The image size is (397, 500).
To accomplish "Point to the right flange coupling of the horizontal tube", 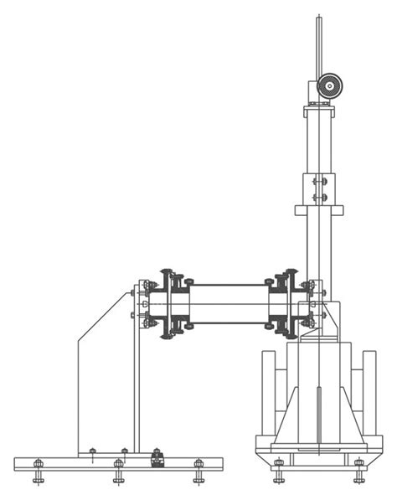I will [x=286, y=303].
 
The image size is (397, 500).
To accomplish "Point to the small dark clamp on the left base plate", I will [x=156, y=458].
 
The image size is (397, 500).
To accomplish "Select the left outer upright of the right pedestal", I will [x=268, y=394].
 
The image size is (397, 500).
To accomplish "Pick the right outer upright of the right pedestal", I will [x=369, y=394].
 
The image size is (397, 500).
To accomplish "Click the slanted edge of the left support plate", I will [x=104, y=314].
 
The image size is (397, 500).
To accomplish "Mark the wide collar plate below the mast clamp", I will [x=319, y=209].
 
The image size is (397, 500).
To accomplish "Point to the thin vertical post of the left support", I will [x=137, y=377].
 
